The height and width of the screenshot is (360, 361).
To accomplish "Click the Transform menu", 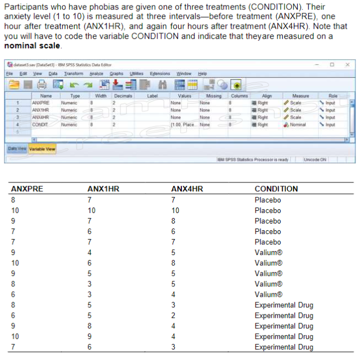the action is [73, 73].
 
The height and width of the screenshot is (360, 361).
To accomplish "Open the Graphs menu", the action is [116, 73].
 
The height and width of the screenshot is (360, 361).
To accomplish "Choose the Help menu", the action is [202, 73].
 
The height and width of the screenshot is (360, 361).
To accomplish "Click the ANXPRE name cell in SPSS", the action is [41, 103].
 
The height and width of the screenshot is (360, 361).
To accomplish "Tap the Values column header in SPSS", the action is [185, 95].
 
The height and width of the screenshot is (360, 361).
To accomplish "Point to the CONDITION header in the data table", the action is [276, 189].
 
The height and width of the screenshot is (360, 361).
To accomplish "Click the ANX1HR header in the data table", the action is [103, 189].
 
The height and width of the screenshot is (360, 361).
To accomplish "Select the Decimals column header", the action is [123, 95].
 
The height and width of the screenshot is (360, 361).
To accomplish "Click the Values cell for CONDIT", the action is [182, 124].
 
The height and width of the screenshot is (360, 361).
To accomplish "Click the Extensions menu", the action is [160, 73].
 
